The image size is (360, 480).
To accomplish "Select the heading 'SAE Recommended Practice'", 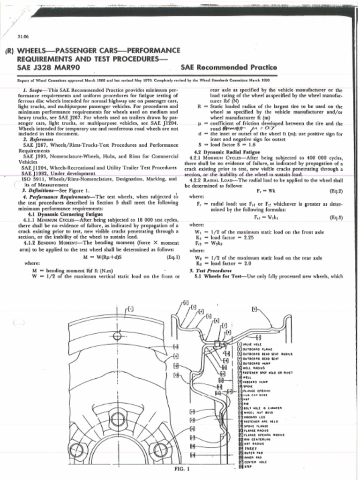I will (228, 67).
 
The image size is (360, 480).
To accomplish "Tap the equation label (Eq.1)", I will (173, 257).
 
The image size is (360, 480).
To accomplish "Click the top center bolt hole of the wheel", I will (118, 419).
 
